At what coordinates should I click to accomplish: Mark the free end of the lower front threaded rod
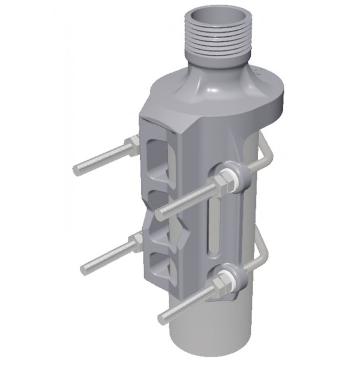click(162, 318)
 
